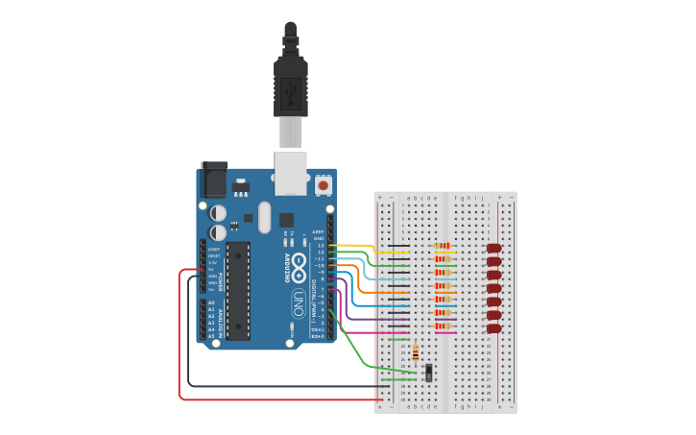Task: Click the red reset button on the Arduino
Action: (x=324, y=184)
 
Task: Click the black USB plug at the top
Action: (x=291, y=86)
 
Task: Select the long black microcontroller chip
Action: (x=238, y=290)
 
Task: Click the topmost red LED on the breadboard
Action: (x=493, y=248)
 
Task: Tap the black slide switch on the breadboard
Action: (x=428, y=372)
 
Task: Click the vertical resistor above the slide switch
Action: (x=415, y=353)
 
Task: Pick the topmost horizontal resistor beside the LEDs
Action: (x=443, y=246)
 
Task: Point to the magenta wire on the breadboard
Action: (x=374, y=332)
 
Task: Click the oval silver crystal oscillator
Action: (x=265, y=216)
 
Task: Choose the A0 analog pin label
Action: (x=211, y=302)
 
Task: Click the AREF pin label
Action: (x=318, y=231)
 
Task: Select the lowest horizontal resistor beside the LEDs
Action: (x=443, y=326)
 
